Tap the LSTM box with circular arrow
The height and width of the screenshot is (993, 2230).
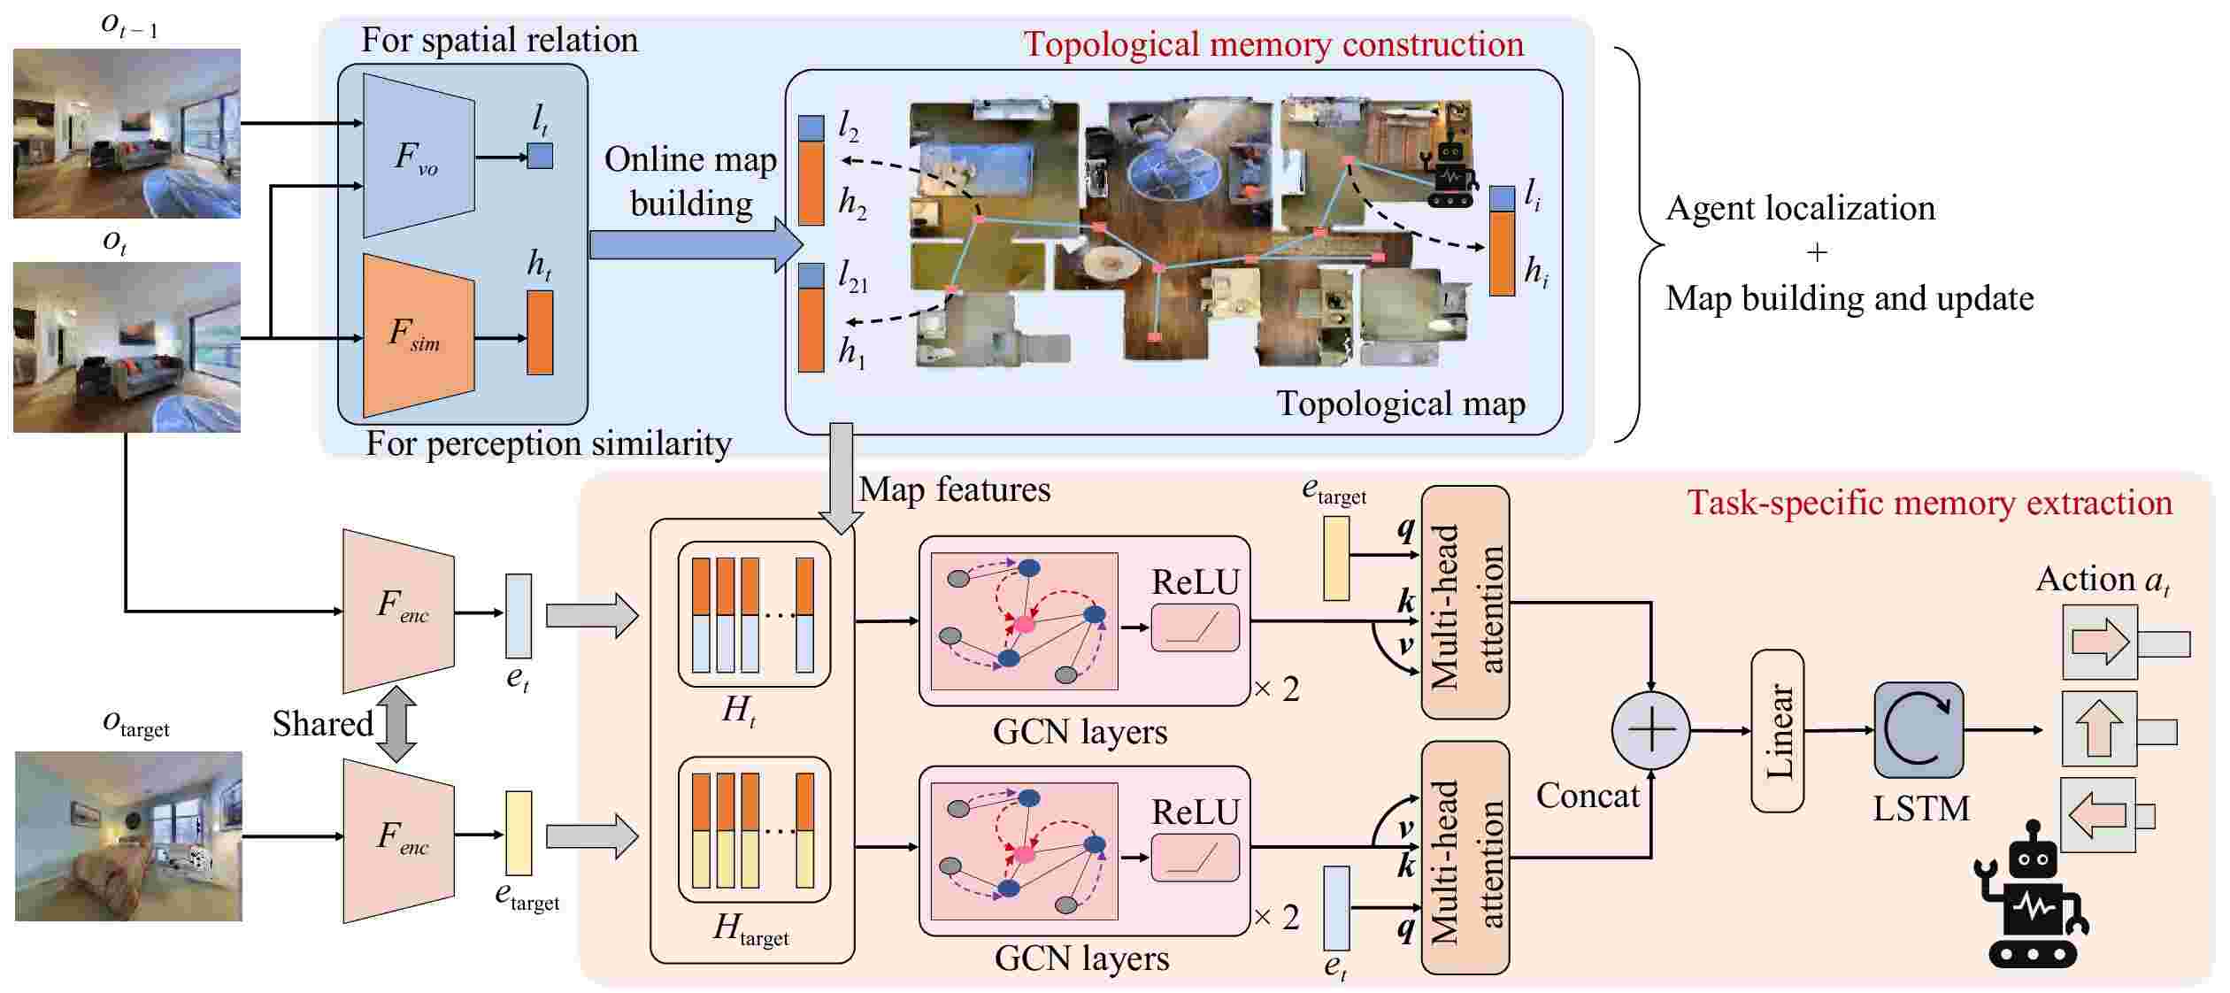point(1918,730)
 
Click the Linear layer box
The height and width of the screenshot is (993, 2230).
point(1777,731)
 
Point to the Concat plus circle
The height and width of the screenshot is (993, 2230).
point(1650,731)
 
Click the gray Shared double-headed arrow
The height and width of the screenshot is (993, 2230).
point(396,724)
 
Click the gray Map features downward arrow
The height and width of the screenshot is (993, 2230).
point(841,478)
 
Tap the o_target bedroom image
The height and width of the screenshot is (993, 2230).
point(128,835)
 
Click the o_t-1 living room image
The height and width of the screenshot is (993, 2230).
point(127,133)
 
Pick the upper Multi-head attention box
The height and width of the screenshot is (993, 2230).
point(1465,604)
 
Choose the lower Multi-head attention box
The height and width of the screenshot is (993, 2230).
point(1465,858)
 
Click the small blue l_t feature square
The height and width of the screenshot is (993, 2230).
point(540,157)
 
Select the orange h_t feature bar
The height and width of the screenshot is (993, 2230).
point(540,333)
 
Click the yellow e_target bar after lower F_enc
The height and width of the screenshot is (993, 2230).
point(518,833)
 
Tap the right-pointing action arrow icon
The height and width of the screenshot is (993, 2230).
point(2099,643)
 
